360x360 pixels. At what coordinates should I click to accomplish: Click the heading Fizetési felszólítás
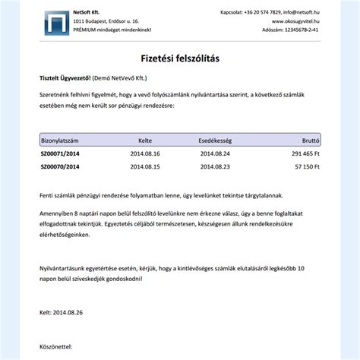(179, 58)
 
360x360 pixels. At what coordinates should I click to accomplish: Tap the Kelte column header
(145, 141)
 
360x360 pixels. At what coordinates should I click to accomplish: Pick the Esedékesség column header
(215, 141)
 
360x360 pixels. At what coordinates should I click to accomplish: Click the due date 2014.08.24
(215, 153)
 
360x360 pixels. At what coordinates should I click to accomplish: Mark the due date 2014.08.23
(215, 166)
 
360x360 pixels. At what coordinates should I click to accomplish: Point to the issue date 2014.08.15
(145, 166)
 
